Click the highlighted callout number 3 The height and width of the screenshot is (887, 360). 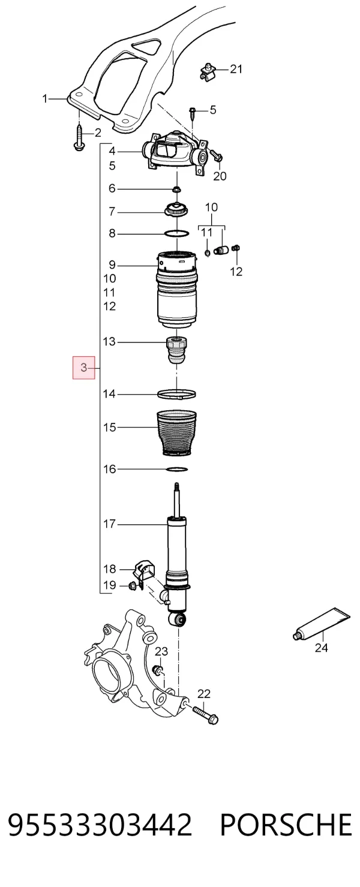click(x=83, y=368)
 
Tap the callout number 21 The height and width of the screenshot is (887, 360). click(x=236, y=69)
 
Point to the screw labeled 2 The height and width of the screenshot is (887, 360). click(x=79, y=137)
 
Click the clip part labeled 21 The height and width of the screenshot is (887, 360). click(x=207, y=72)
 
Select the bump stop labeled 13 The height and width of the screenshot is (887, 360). click(x=176, y=350)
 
